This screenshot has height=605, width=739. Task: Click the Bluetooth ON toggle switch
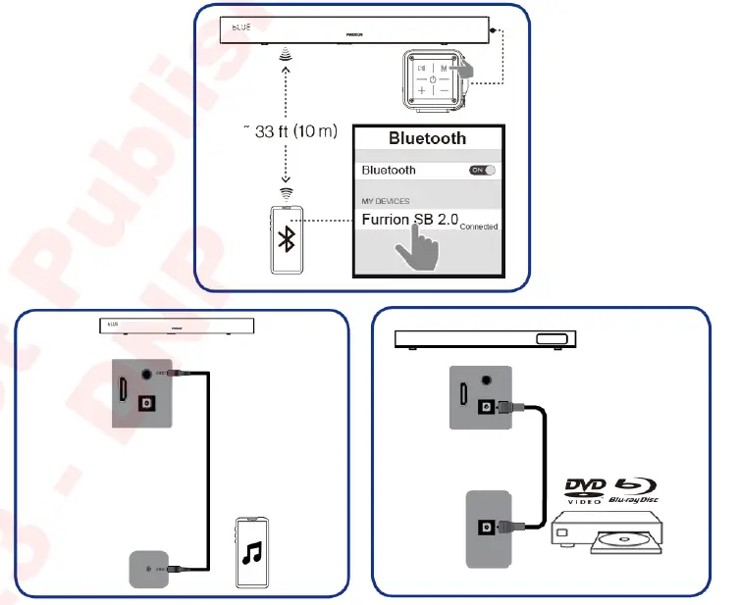click(483, 171)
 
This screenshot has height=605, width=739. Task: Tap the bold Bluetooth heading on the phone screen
click(427, 138)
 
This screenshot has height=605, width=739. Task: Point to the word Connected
click(478, 227)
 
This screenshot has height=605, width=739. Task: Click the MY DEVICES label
click(386, 201)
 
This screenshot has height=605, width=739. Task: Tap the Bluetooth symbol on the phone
click(287, 240)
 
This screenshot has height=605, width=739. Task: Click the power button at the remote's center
click(432, 79)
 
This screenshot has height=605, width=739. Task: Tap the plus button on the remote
click(421, 91)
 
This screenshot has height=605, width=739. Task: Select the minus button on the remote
click(444, 91)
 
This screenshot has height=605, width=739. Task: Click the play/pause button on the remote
click(421, 69)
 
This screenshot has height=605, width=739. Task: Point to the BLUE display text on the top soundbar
click(240, 26)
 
